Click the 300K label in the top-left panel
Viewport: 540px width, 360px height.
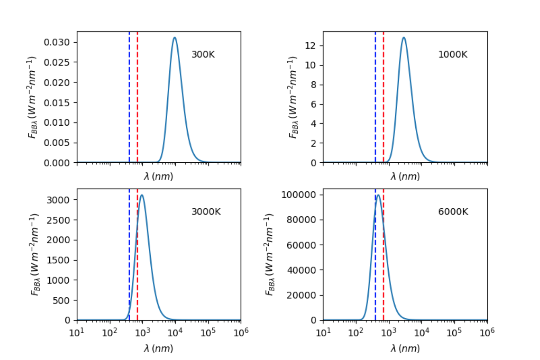(203, 54)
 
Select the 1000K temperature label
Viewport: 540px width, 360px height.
(453, 54)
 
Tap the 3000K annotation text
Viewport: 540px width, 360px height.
(206, 212)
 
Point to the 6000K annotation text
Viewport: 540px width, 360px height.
(453, 212)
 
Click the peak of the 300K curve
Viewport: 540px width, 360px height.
(174, 38)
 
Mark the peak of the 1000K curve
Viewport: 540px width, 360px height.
(404, 38)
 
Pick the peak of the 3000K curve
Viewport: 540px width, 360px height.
(142, 195)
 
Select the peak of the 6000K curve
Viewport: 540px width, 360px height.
(378, 195)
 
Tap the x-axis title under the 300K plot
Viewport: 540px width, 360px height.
(158, 177)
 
